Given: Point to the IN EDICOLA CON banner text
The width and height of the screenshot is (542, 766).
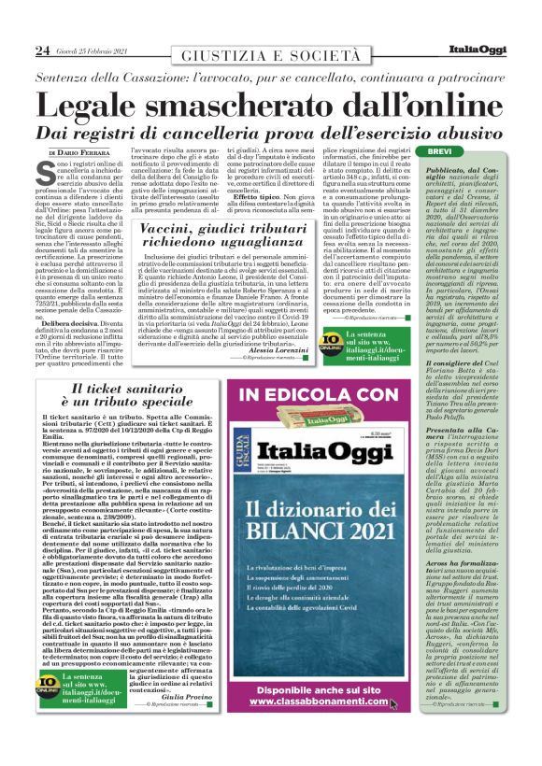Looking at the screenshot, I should [x=318, y=395].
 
